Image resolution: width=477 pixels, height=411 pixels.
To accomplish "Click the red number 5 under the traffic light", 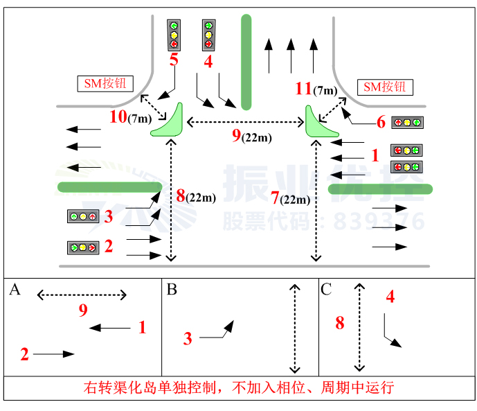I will [174, 60].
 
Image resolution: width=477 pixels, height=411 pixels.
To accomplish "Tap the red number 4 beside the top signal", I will [208, 61].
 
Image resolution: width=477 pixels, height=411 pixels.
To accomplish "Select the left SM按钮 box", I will [105, 85].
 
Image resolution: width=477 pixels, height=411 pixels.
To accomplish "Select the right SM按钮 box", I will [385, 87].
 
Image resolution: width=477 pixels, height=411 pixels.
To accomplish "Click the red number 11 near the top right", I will [303, 89].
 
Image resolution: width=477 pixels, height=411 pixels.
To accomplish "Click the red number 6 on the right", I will [381, 122].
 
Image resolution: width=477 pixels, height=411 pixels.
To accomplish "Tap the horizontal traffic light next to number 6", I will [407, 123].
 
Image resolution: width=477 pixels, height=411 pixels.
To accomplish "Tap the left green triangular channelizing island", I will [169, 121].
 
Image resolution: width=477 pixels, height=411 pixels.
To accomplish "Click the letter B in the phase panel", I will [172, 290].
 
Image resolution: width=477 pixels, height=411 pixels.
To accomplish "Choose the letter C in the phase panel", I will [327, 290].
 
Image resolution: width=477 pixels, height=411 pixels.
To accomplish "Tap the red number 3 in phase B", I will [188, 338].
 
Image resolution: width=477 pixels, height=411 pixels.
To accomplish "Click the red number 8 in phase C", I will [340, 322].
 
